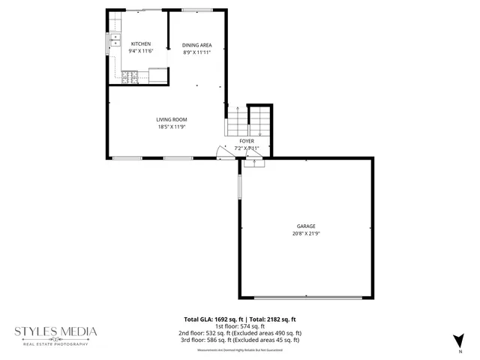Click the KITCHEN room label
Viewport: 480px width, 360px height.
pyautogui.click(x=141, y=44)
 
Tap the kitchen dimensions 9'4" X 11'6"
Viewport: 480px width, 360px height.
pyautogui.click(x=141, y=51)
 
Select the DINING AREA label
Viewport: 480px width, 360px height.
pyautogui.click(x=196, y=46)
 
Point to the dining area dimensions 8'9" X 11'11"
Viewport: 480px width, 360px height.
pyautogui.click(x=196, y=52)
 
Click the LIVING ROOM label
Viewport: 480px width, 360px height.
pyautogui.click(x=171, y=119)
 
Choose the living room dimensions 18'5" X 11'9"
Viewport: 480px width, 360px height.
pyautogui.click(x=171, y=127)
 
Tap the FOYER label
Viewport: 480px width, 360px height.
pyautogui.click(x=247, y=141)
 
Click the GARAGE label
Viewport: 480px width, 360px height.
pyautogui.click(x=305, y=226)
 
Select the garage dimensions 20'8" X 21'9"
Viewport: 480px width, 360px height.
pyautogui.click(x=305, y=233)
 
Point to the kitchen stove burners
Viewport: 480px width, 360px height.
pyautogui.click(x=129, y=76)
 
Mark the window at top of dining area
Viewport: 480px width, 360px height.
pyautogui.click(x=196, y=10)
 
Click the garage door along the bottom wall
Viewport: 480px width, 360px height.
pyautogui.click(x=306, y=298)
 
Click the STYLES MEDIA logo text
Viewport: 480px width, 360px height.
pyautogui.click(x=56, y=331)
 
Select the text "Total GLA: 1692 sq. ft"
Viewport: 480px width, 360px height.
pyautogui.click(x=213, y=319)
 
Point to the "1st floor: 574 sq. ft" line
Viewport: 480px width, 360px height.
pyautogui.click(x=240, y=326)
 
